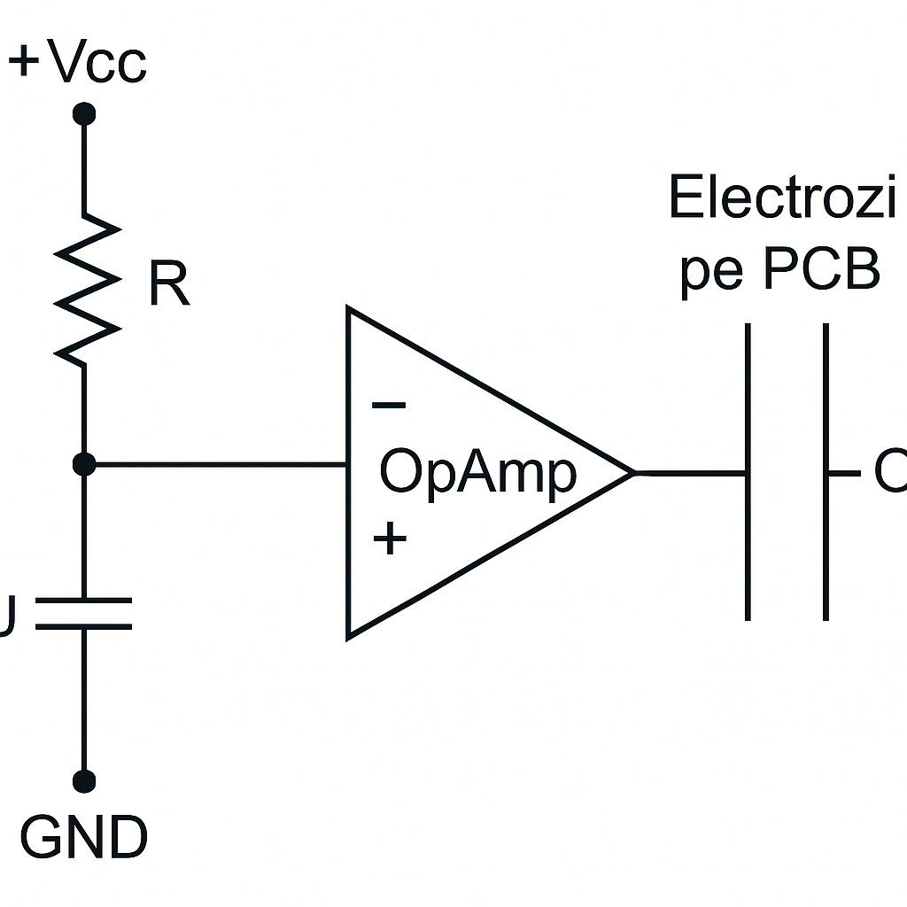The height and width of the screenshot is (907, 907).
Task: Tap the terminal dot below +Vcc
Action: (84, 113)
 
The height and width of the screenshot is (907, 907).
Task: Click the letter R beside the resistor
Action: (168, 284)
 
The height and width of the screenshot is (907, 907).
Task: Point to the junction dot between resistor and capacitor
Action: (84, 463)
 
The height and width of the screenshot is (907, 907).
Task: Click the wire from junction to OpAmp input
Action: (217, 463)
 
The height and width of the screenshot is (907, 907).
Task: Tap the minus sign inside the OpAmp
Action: (389, 406)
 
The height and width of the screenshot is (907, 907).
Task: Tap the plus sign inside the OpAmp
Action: (390, 538)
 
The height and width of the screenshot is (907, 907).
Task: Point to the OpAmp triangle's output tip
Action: (632, 473)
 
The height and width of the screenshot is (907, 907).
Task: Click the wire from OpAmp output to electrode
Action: (691, 473)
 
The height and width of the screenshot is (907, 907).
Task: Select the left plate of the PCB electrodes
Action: (748, 471)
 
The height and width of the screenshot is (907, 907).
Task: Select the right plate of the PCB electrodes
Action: (826, 471)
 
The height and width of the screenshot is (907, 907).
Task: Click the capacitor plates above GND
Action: (84, 613)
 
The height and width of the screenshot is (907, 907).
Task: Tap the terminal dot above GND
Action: (84, 780)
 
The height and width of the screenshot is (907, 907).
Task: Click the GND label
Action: (83, 837)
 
